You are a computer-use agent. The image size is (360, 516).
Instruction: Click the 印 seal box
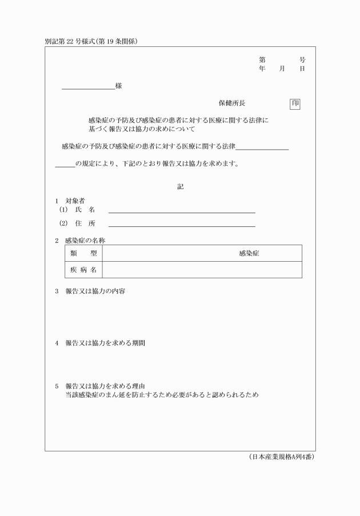295,103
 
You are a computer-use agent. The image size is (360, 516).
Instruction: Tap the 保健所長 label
232,103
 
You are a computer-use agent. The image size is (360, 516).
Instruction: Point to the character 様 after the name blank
118,86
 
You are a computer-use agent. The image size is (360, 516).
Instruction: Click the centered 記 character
180,186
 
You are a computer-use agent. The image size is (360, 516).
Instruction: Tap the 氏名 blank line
182,211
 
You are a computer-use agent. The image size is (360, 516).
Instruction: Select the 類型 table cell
83,253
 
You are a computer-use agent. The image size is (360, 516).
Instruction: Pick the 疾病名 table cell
83,270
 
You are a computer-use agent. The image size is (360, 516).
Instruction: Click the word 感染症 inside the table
249,253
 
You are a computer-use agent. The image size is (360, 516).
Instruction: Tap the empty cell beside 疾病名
202,270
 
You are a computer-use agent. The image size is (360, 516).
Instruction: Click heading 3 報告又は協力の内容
95,291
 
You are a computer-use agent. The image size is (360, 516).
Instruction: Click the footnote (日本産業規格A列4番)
282,457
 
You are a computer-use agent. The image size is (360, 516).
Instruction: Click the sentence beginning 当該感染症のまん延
162,395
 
